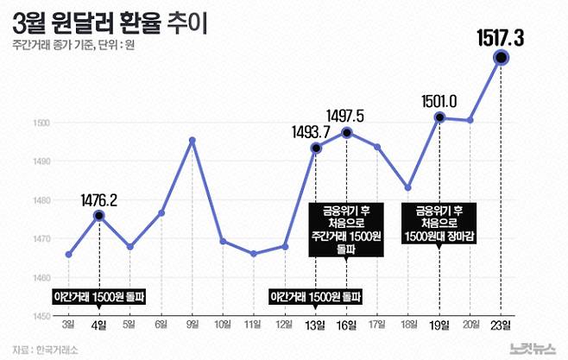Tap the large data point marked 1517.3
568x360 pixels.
point(500,58)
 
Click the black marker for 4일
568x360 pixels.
point(99,215)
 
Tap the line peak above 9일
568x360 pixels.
point(192,140)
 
